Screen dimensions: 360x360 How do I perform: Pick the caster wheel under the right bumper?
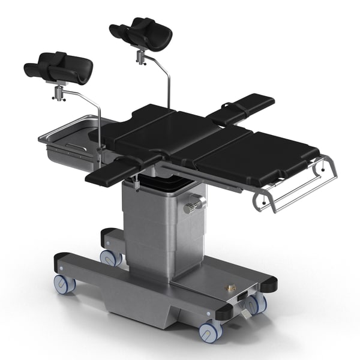tap(255, 304)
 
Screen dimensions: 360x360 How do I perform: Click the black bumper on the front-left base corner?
tap(62, 262)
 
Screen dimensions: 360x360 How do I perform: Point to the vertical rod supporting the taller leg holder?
tap(169, 90)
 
